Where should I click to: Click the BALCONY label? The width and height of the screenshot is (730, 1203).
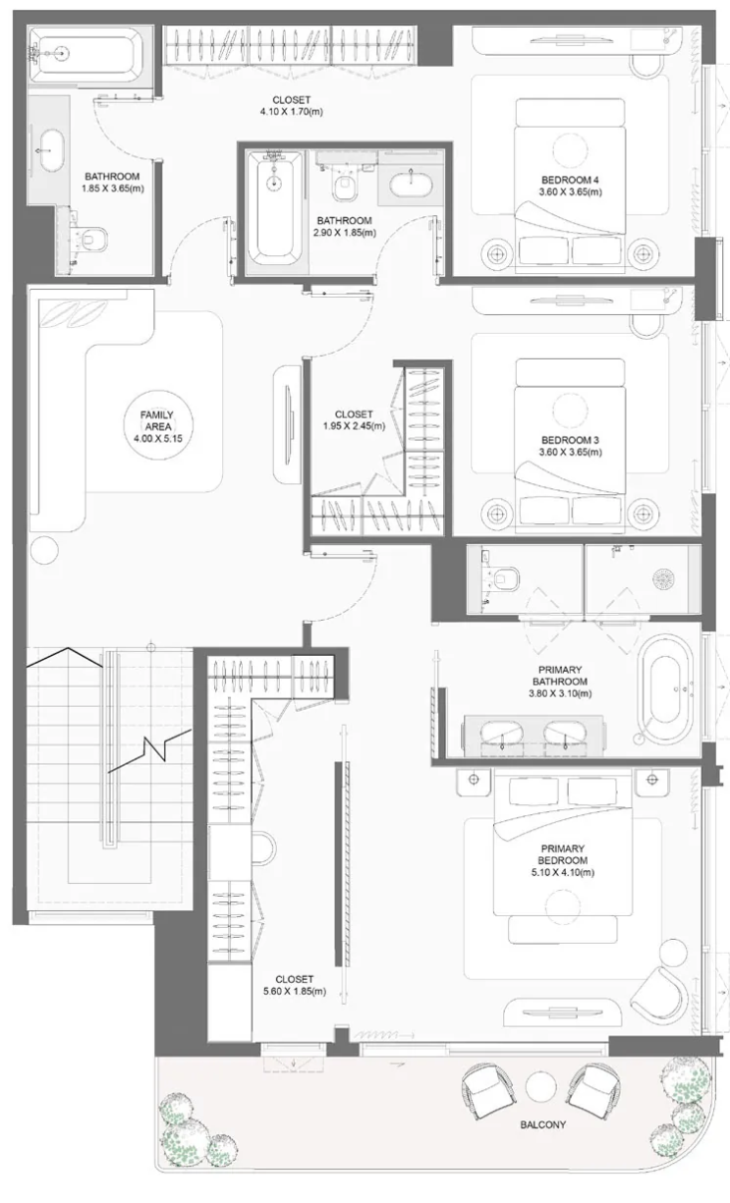[542, 1124]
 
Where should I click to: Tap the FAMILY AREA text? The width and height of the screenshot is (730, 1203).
[157, 420]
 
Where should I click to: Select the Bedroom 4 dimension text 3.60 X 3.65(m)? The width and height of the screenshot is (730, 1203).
[571, 191]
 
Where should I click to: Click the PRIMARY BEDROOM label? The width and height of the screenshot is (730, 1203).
[562, 854]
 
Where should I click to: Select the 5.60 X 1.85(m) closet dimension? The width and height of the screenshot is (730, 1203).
[295, 992]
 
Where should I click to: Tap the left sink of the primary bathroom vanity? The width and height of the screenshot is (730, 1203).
[501, 733]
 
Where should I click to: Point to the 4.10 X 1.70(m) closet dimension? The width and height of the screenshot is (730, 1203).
[291, 112]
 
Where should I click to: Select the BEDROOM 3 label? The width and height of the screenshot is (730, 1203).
[570, 440]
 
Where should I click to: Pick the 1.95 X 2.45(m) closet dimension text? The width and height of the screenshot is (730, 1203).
[354, 426]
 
